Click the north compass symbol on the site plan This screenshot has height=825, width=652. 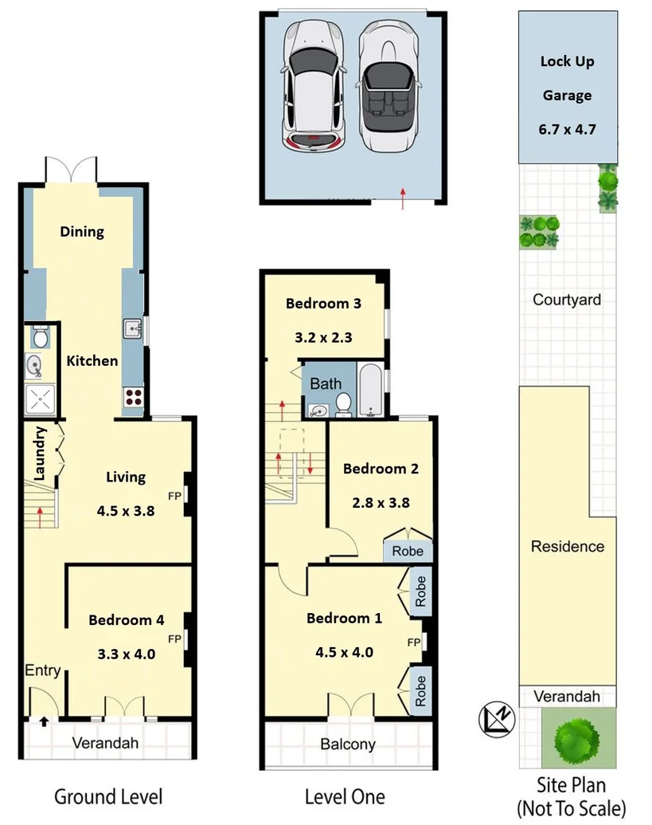[x=498, y=720]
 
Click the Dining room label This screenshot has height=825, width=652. [x=82, y=232]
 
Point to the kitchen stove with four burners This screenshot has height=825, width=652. [x=133, y=396]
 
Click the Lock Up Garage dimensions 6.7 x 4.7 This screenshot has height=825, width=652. [x=567, y=129]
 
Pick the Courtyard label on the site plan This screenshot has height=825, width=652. [x=567, y=300]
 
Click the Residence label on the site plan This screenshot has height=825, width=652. [x=568, y=547]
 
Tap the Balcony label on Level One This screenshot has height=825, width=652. [x=347, y=744]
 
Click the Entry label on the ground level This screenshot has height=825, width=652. [x=42, y=670]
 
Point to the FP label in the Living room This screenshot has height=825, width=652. [x=174, y=496]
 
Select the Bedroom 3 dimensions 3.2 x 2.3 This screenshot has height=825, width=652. [x=323, y=337]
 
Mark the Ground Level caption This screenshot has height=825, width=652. [x=108, y=796]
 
